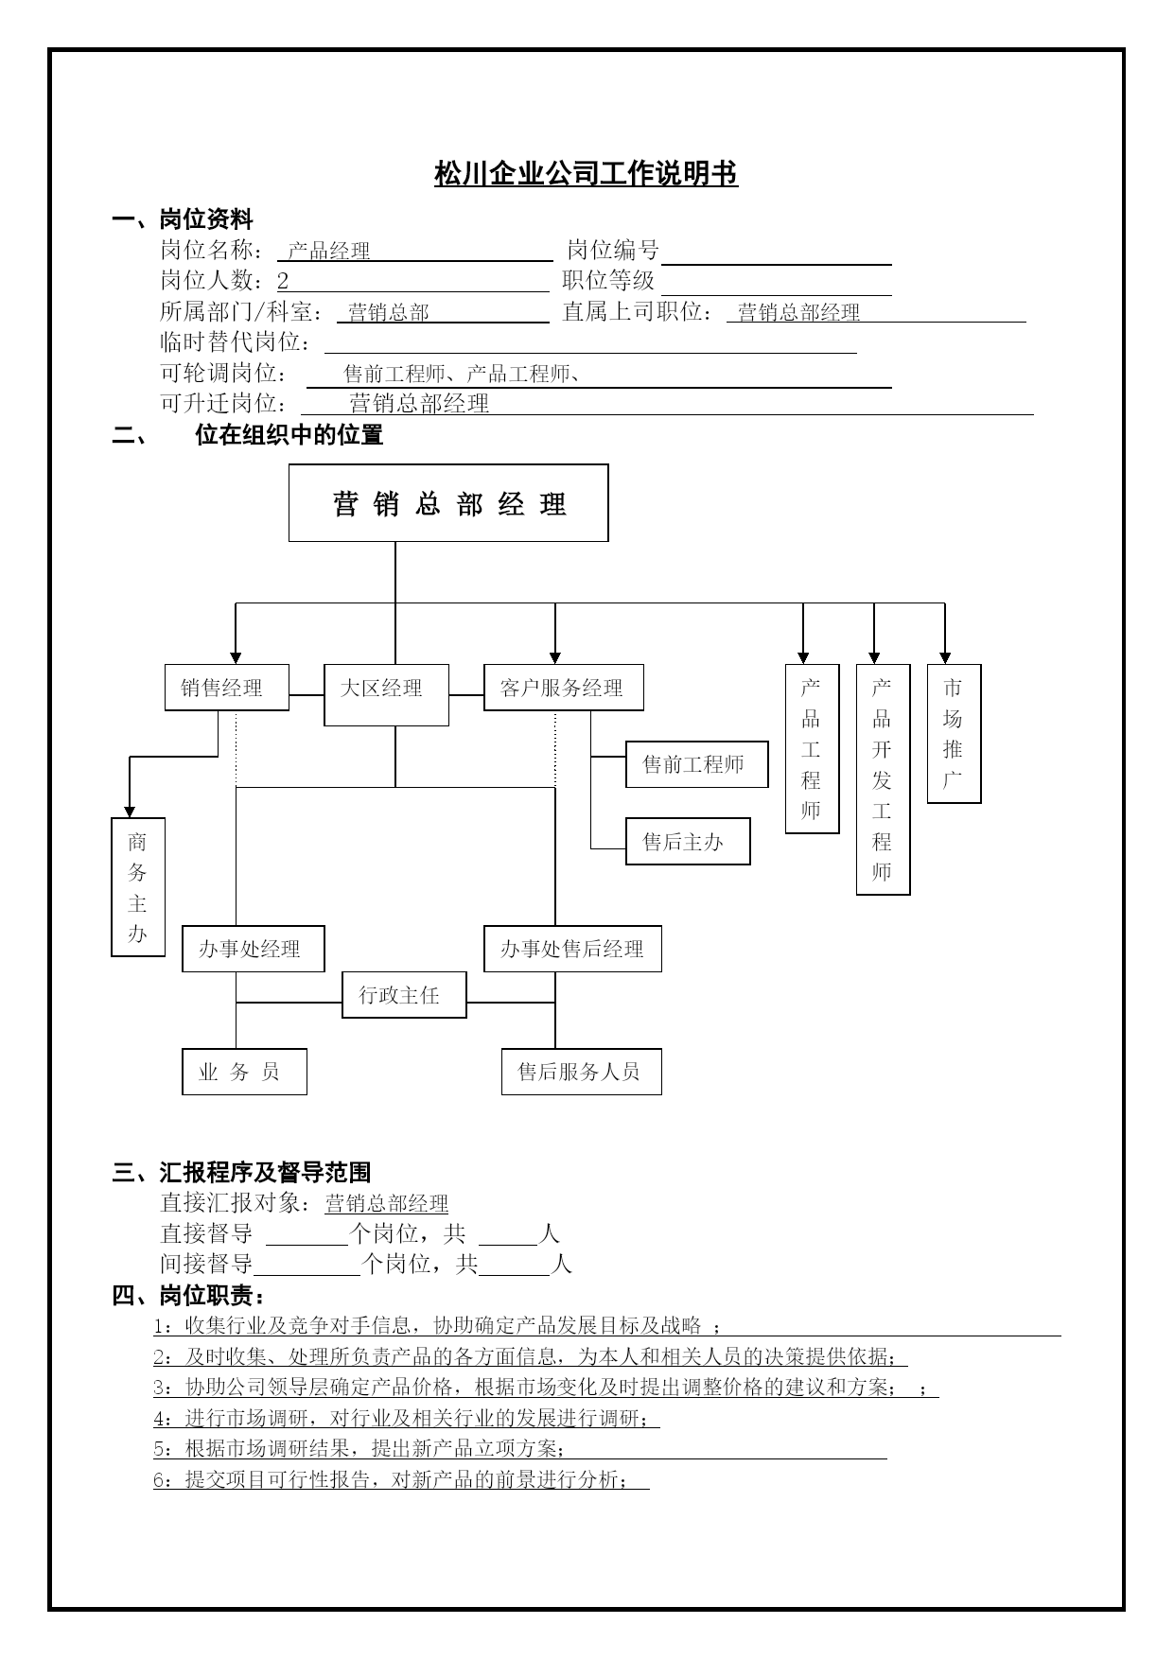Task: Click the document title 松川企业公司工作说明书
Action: [586, 174]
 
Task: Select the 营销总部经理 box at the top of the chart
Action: [448, 503]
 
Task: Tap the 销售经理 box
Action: [227, 688]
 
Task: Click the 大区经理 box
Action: [386, 695]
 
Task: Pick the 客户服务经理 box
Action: [564, 688]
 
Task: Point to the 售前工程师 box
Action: [697, 764]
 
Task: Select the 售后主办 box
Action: [688, 841]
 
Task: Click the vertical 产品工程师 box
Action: [812, 749]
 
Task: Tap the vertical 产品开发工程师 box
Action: [883, 779]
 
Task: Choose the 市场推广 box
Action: [954, 734]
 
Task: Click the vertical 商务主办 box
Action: [138, 887]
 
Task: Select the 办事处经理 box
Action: [254, 949]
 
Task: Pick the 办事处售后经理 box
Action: [572, 949]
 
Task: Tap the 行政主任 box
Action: [404, 995]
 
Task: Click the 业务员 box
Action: [244, 1072]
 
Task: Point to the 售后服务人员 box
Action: [582, 1072]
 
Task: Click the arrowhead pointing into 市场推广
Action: [945, 658]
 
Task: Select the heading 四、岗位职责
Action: [188, 1295]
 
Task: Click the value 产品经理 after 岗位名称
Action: [329, 251]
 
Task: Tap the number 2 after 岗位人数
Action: [283, 281]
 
